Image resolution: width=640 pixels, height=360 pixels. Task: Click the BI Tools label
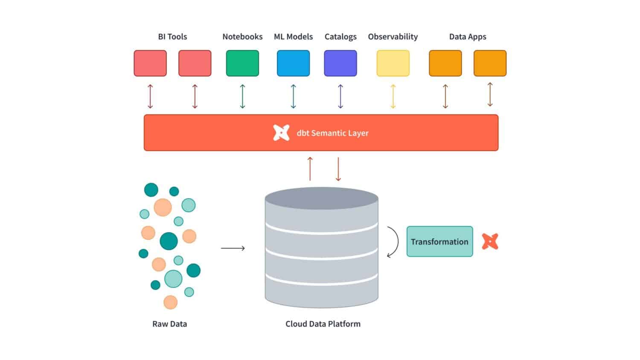(x=172, y=37)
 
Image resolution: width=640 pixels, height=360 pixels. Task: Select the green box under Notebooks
(x=242, y=63)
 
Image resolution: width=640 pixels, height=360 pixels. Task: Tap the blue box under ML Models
(x=293, y=63)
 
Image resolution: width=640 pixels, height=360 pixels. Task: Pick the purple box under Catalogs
(x=340, y=63)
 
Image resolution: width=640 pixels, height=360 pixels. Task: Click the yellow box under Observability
(x=393, y=63)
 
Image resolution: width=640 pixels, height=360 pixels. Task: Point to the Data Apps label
(x=468, y=37)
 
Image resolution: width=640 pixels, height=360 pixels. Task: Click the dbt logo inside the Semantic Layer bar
(x=281, y=133)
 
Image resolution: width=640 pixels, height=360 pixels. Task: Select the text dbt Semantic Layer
(x=332, y=133)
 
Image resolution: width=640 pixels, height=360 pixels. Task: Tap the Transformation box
(x=439, y=241)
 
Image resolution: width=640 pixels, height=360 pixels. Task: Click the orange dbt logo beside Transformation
(x=490, y=241)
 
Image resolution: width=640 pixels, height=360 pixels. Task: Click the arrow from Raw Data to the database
(x=233, y=248)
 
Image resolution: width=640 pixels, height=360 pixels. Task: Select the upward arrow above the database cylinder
(x=310, y=169)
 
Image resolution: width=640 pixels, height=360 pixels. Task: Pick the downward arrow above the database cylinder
(x=338, y=169)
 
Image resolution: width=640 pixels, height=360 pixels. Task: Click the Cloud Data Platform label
(x=323, y=324)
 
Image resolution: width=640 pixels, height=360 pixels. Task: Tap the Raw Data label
(x=169, y=324)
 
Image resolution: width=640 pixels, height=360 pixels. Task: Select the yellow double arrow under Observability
(x=393, y=96)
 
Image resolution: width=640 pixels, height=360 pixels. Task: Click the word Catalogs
(x=340, y=37)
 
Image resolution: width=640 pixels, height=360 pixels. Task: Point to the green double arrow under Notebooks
(x=242, y=96)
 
